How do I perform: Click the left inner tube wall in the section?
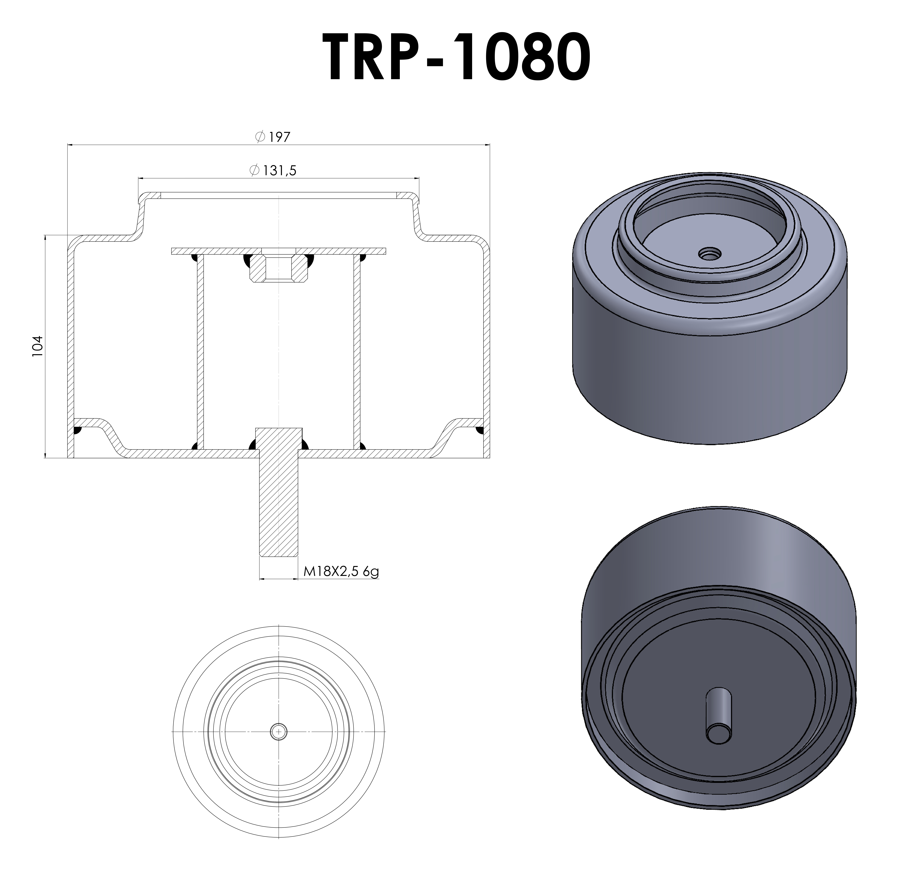click(200, 351)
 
